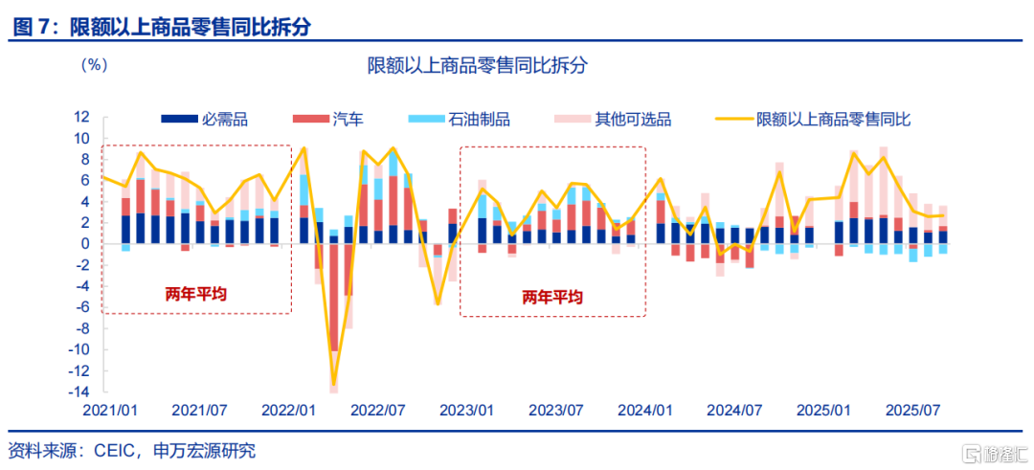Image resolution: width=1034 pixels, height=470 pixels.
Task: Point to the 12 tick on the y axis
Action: [81, 117]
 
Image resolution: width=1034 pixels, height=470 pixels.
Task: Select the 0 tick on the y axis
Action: [86, 244]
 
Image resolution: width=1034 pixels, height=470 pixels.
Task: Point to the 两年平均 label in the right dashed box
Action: [551, 298]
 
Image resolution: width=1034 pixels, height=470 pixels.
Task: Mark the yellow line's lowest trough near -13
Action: [334, 384]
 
